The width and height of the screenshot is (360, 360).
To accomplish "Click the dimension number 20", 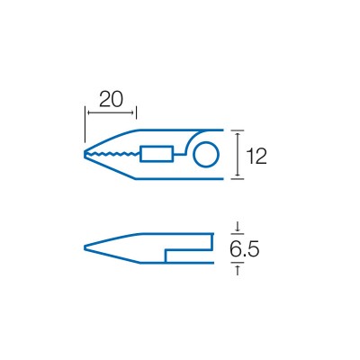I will (x=111, y=99).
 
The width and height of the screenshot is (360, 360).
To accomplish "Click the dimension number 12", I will (x=256, y=156).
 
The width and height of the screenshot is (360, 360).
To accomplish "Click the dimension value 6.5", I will (x=244, y=248).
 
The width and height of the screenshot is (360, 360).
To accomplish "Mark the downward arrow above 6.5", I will (x=238, y=226).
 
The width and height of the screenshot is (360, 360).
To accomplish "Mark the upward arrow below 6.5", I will (x=238, y=269).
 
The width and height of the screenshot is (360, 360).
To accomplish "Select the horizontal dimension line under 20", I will (x=111, y=112).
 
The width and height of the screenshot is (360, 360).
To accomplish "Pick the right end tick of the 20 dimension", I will (x=136, y=112).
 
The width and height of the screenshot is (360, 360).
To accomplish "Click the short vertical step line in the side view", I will (x=166, y=256).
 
